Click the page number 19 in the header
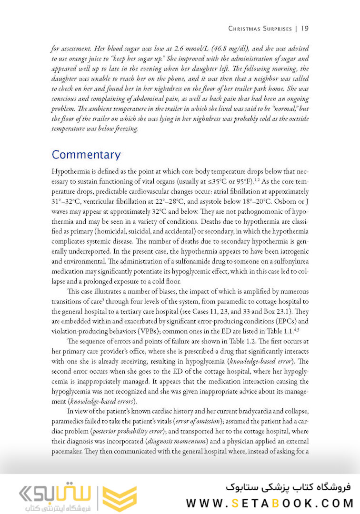pos(305,29)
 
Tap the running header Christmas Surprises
pos(260,29)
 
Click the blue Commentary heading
pos(86,155)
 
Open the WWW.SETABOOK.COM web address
pos(270,503)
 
